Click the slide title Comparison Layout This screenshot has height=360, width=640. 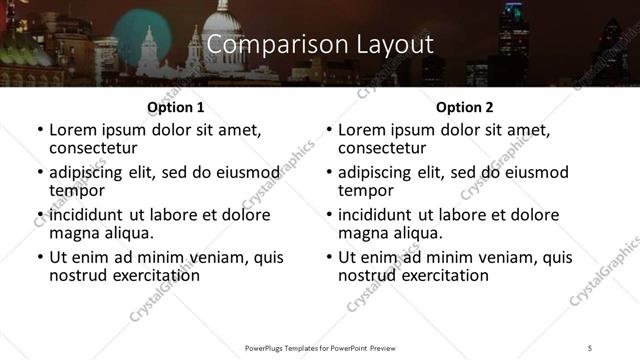point(320,45)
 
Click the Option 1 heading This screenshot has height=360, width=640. point(175,107)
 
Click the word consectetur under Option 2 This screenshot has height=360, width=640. point(382,149)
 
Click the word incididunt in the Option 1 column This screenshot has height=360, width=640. point(87,215)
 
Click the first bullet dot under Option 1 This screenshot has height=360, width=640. point(39,131)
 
